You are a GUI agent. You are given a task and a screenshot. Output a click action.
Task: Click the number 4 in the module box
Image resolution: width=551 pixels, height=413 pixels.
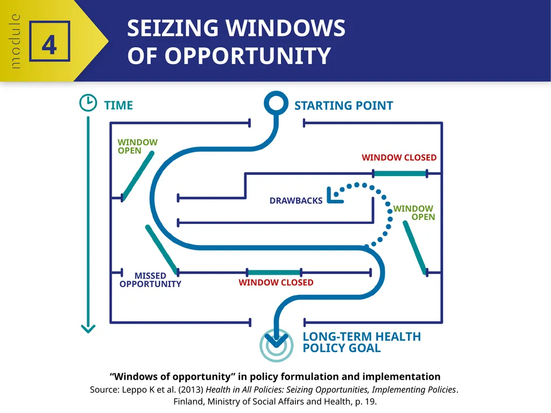pyautogui.click(x=49, y=45)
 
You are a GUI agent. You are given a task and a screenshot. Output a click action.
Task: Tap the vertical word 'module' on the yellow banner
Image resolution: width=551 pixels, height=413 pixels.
pyautogui.click(x=15, y=41)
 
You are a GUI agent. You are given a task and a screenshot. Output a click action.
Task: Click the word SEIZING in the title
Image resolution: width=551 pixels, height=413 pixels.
pyautogui.click(x=173, y=28)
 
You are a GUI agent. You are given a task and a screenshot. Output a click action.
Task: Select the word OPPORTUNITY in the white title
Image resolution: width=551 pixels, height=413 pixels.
pyautogui.click(x=248, y=55)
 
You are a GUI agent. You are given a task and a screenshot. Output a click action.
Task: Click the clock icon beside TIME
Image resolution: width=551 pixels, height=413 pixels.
pyautogui.click(x=88, y=103)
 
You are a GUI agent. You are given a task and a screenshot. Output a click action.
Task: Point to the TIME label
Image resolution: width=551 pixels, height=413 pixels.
pyautogui.click(x=118, y=105)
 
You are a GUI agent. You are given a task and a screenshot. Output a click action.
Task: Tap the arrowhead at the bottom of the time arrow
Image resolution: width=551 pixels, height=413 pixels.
pyautogui.click(x=88, y=328)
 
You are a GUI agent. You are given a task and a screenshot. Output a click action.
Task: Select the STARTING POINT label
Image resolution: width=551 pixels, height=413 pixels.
pyautogui.click(x=344, y=106)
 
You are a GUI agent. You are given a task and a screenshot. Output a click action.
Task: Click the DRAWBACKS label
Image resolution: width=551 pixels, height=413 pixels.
pyautogui.click(x=296, y=200)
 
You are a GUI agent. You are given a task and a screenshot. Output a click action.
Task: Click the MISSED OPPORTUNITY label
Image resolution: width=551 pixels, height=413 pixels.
pyautogui.click(x=151, y=279)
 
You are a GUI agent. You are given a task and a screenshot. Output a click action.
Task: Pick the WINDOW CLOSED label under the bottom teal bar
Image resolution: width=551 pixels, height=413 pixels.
pyautogui.click(x=276, y=283)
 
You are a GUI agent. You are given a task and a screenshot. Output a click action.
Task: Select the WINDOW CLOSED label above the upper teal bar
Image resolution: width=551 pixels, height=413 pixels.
pyautogui.click(x=399, y=158)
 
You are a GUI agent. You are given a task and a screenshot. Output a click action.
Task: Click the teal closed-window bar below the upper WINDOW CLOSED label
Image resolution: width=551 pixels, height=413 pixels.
pyautogui.click(x=400, y=173)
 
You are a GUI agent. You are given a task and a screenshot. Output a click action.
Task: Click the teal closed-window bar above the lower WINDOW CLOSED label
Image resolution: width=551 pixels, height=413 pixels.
pyautogui.click(x=274, y=272)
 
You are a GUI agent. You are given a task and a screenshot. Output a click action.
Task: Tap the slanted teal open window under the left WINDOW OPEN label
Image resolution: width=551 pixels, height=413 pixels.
pyautogui.click(x=138, y=176)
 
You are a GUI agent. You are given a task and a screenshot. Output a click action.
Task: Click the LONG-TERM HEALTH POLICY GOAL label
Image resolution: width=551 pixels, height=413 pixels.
pyautogui.click(x=362, y=342)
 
